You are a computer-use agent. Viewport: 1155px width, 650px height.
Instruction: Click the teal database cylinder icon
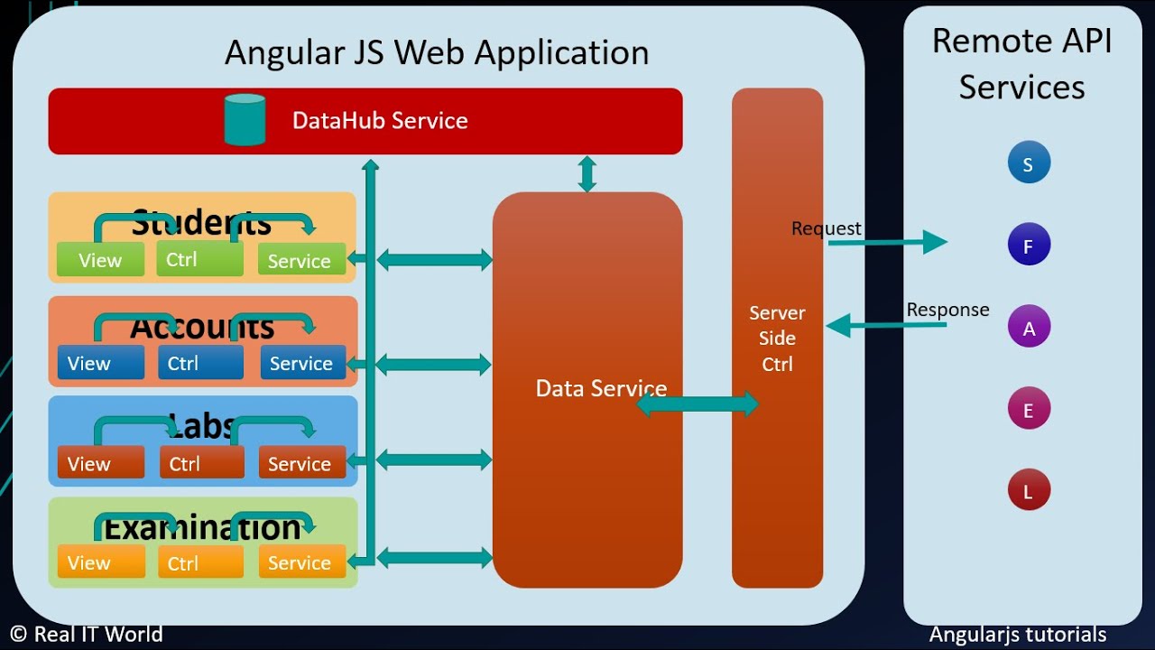pyautogui.click(x=245, y=119)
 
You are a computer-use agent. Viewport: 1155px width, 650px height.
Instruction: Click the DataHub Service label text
pyautogui.click(x=380, y=121)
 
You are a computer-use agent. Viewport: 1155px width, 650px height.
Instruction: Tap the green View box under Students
pyautogui.click(x=100, y=260)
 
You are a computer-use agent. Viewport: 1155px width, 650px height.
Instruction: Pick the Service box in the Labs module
pyautogui.click(x=301, y=463)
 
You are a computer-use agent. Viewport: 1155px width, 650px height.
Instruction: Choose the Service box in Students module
pyautogui.click(x=301, y=260)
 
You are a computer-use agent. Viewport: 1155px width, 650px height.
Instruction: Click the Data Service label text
pyautogui.click(x=601, y=388)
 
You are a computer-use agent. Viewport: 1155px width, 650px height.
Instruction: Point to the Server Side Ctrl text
pyautogui.click(x=777, y=339)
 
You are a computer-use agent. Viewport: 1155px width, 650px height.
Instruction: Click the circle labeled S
pyautogui.click(x=1029, y=164)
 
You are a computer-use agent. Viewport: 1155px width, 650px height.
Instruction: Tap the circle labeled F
pyautogui.click(x=1029, y=246)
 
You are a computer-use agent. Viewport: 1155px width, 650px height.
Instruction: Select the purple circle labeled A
pyautogui.click(x=1029, y=328)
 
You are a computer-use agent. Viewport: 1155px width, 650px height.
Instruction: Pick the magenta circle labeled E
pyautogui.click(x=1029, y=410)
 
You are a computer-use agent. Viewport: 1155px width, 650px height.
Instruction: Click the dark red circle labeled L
pyautogui.click(x=1029, y=491)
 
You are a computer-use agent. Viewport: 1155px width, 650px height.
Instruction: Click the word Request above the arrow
pyautogui.click(x=826, y=228)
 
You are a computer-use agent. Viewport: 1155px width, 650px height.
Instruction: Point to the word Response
pyautogui.click(x=947, y=310)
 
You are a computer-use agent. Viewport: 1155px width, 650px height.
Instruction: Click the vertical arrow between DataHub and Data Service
pyautogui.click(x=587, y=173)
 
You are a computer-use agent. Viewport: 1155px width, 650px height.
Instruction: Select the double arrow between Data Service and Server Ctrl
pyautogui.click(x=698, y=404)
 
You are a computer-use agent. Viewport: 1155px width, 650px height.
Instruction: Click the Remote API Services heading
pyautogui.click(x=1021, y=63)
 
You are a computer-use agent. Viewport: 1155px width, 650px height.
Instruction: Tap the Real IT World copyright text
pyautogui.click(x=87, y=635)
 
